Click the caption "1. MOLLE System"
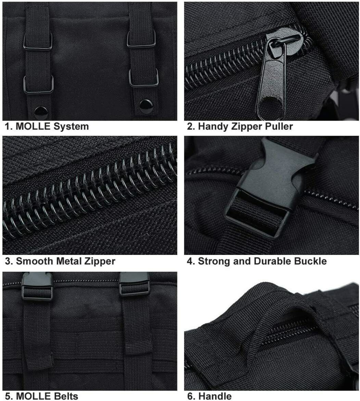tap(47, 126)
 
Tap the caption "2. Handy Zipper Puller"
tap(240, 126)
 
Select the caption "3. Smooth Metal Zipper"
tap(60, 261)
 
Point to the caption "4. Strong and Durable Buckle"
tap(257, 261)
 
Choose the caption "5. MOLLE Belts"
tap(42, 396)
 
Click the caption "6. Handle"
tap(210, 396)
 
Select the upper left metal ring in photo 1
tap(38, 42)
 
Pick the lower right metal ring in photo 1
tap(144, 78)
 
